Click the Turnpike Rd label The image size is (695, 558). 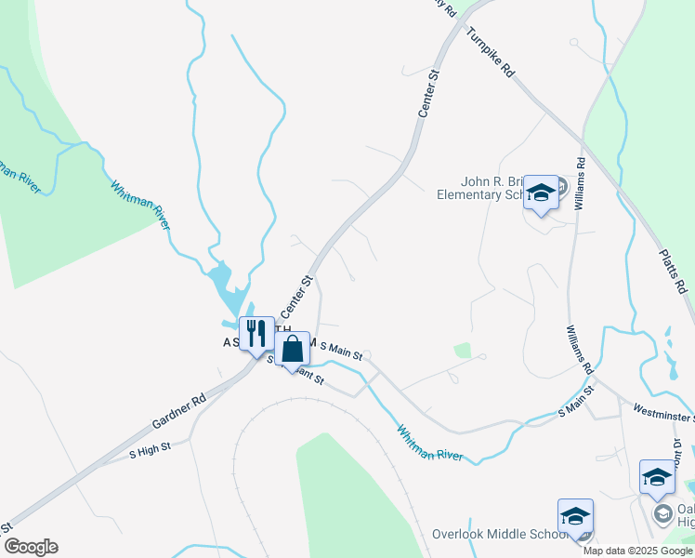(491, 52)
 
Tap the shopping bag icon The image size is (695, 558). (292, 350)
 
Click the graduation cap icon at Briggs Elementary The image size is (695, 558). (540, 193)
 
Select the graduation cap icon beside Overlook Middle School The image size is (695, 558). (575, 516)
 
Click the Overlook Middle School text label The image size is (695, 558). (499, 535)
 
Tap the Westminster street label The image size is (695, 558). (662, 408)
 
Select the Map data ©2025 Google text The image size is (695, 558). (638, 551)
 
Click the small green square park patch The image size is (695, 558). (462, 351)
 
